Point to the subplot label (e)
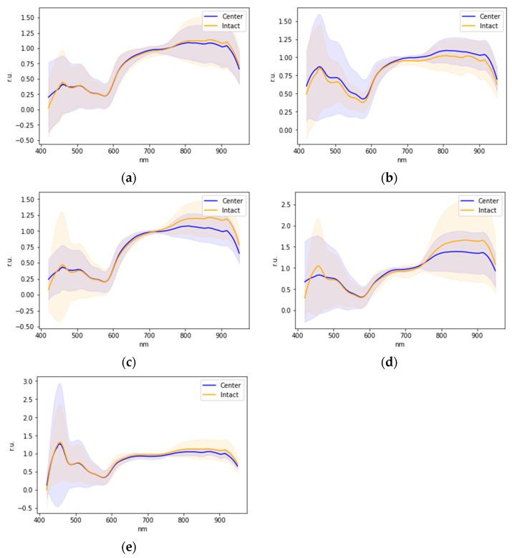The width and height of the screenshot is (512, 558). tap(129, 548)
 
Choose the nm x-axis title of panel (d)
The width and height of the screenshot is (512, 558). tap(399, 345)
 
